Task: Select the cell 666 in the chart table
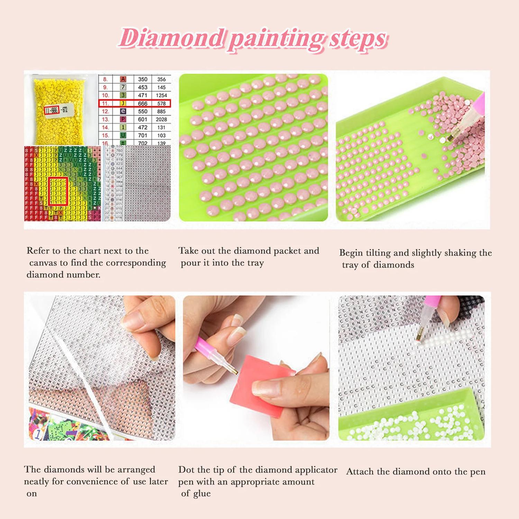coord(143,103)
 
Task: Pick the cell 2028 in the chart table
coord(161,119)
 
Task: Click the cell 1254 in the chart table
coord(161,95)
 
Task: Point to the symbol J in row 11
coord(123,103)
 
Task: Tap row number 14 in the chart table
coord(105,127)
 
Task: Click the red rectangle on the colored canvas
coord(58,191)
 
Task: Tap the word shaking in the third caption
coord(460,253)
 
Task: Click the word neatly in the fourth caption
coord(36,482)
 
